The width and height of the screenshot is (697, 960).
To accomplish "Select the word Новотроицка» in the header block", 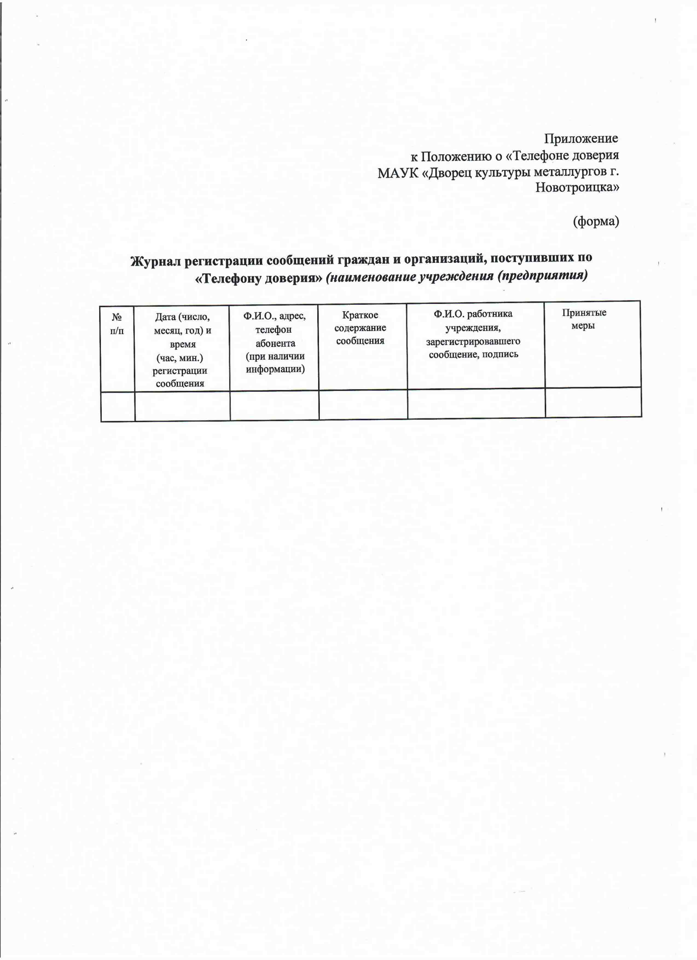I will [577, 188].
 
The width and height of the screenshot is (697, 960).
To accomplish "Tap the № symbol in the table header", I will [117, 317].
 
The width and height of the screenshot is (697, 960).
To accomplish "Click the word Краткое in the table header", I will [360, 315].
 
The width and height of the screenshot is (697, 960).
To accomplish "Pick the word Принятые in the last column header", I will [584, 313].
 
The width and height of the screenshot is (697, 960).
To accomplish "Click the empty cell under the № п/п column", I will [118, 406].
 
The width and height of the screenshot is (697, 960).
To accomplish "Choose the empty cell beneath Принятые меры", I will [593, 403].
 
